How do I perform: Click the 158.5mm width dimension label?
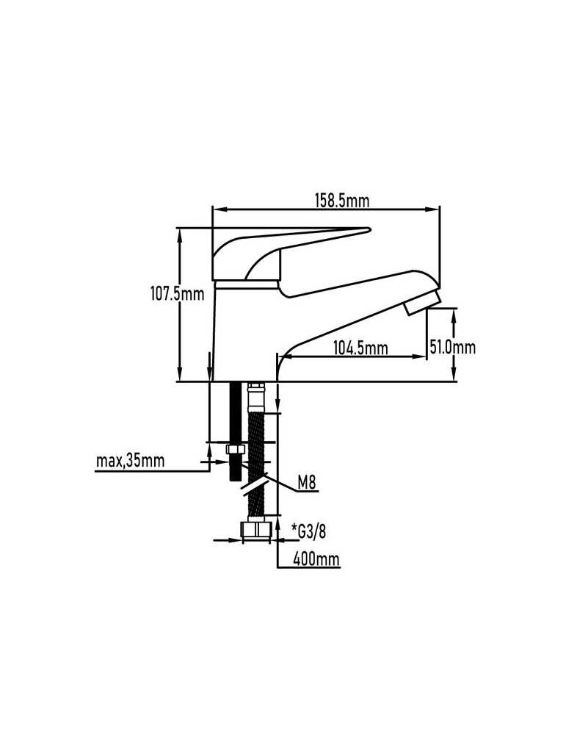pos(341,201)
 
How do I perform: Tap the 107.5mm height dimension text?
pos(177,294)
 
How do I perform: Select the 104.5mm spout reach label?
pos(360,348)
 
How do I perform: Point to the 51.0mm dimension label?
pos(452,348)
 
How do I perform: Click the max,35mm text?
pos(130,461)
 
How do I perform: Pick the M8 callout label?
pos(307,482)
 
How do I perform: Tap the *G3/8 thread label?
pos(308,531)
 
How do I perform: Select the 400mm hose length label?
pos(316,559)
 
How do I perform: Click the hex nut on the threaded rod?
pos(236,449)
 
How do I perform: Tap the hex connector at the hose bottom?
pos(256,529)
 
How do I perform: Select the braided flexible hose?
pos(255,464)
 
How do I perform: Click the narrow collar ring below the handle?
pos(246,284)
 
